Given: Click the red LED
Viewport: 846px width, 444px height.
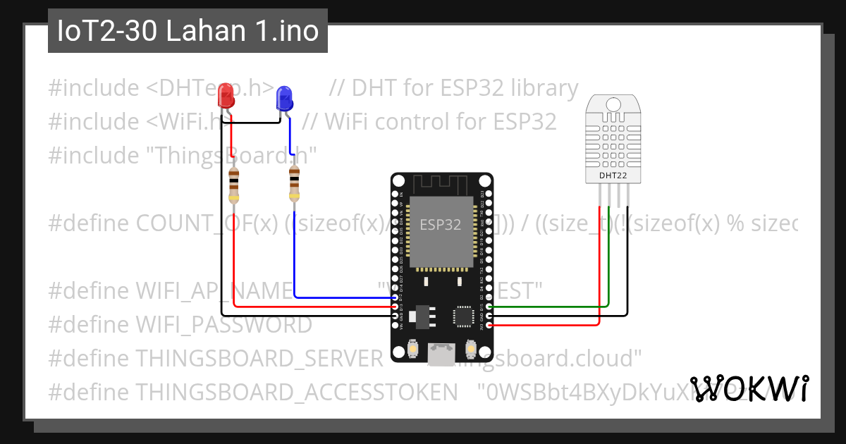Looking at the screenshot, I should click(226, 94).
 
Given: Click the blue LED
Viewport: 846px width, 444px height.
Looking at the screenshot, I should click(284, 97).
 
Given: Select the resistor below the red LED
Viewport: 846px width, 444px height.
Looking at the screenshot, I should click(233, 185).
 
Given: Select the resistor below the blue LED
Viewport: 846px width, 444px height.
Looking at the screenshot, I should click(294, 185).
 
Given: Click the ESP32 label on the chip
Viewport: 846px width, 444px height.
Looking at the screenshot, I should click(441, 225).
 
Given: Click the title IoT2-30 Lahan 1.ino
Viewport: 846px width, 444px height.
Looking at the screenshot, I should click(188, 32).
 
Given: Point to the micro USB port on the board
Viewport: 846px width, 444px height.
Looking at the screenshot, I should click(442, 353).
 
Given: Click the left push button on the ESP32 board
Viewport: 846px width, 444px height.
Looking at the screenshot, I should click(412, 348).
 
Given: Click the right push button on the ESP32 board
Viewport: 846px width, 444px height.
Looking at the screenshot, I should click(471, 348).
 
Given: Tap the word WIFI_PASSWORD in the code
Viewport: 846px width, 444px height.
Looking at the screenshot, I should click(223, 325).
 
